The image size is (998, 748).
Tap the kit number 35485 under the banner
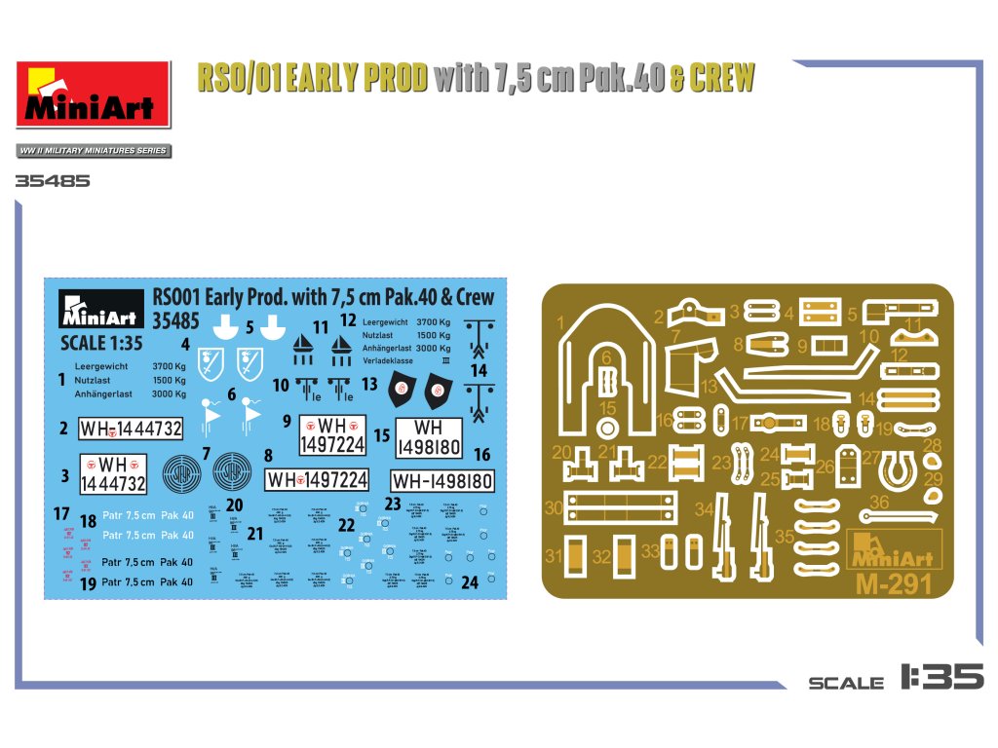point(53,181)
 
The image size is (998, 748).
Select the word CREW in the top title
point(721,79)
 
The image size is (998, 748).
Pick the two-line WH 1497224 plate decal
point(332,434)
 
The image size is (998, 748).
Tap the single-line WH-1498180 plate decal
point(441,481)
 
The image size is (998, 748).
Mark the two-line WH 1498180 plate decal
point(429,437)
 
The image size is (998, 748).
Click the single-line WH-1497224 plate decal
point(318,479)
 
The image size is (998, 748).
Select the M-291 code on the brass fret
point(895,584)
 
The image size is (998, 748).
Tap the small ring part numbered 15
point(608,428)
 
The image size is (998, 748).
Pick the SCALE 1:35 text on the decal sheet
point(101,343)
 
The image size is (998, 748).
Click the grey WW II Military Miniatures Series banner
point(94,151)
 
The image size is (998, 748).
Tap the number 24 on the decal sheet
point(470,583)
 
